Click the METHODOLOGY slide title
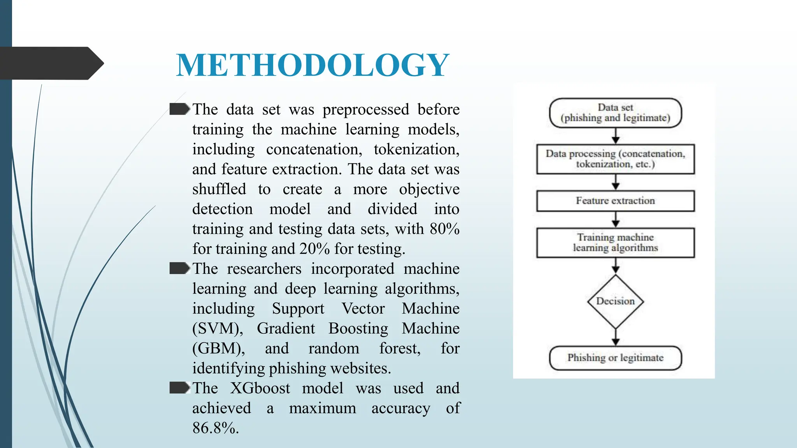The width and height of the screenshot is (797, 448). pyautogui.click(x=312, y=65)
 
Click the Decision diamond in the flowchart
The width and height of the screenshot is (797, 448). pyautogui.click(x=615, y=301)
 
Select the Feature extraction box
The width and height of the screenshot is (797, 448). pyautogui.click(x=615, y=201)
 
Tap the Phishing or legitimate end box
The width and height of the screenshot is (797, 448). pyautogui.click(x=615, y=358)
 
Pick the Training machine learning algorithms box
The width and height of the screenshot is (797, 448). pyautogui.click(x=615, y=243)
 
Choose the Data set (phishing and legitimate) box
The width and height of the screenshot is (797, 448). pyautogui.click(x=615, y=113)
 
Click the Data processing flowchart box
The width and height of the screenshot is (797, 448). pyautogui.click(x=615, y=159)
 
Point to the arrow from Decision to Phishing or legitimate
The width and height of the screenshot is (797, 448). pyautogui.click(x=615, y=337)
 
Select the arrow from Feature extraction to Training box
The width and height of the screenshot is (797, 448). pyautogui.click(x=615, y=220)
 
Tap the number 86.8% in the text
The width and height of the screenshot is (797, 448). pyautogui.click(x=215, y=428)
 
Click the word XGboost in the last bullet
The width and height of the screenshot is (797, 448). pyautogui.click(x=260, y=388)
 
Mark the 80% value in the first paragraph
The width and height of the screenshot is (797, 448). pyautogui.click(x=444, y=229)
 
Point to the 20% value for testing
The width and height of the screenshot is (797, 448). pyautogui.click(x=314, y=249)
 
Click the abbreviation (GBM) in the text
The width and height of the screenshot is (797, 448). pyautogui.click(x=218, y=349)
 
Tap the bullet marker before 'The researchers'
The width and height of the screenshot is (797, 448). pyautogui.click(x=179, y=268)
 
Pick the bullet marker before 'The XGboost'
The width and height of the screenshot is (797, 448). pyautogui.click(x=179, y=388)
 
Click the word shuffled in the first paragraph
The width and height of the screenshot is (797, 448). pyautogui.click(x=219, y=189)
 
